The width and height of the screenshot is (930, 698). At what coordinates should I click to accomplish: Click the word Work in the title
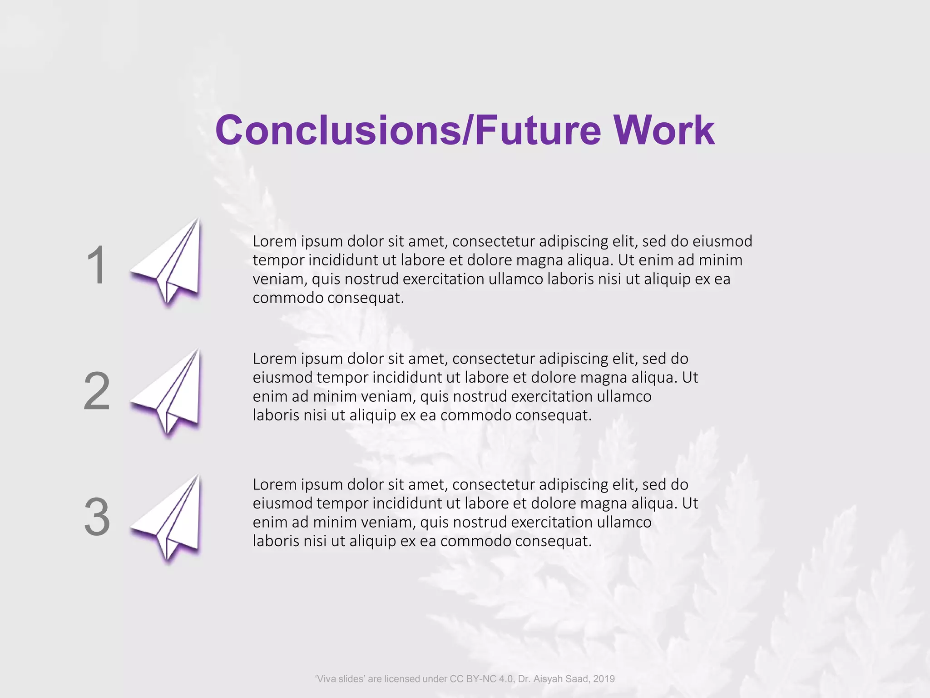coord(664,130)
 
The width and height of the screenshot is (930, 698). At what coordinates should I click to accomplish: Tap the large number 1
coord(96,265)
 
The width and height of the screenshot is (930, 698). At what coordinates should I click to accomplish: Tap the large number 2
coord(97,391)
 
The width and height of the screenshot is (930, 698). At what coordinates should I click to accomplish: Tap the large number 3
coord(97,517)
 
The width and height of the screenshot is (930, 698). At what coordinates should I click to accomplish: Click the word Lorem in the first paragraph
coord(274,241)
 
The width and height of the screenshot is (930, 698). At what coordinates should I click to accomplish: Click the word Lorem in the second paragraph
coord(274,359)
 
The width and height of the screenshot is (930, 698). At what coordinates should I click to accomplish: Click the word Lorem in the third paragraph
coord(274,485)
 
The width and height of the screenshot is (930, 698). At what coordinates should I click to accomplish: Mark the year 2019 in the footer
coord(604,679)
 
